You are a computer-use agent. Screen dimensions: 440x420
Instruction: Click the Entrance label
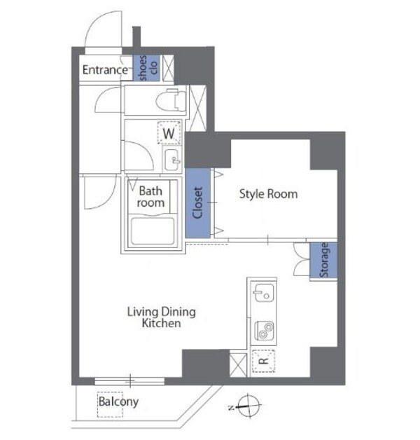[x=105, y=69]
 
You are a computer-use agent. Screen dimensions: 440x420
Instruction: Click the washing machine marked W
[x=169, y=132]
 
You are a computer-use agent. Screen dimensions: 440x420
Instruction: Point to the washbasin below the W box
[x=172, y=160]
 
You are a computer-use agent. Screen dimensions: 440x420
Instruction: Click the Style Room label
[x=268, y=193]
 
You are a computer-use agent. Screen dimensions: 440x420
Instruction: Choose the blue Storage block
[x=325, y=260]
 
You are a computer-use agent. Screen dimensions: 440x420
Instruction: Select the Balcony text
[x=118, y=401]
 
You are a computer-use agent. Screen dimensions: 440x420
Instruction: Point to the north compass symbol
[x=248, y=404]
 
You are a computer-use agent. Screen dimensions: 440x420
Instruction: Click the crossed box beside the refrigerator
[x=238, y=363]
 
